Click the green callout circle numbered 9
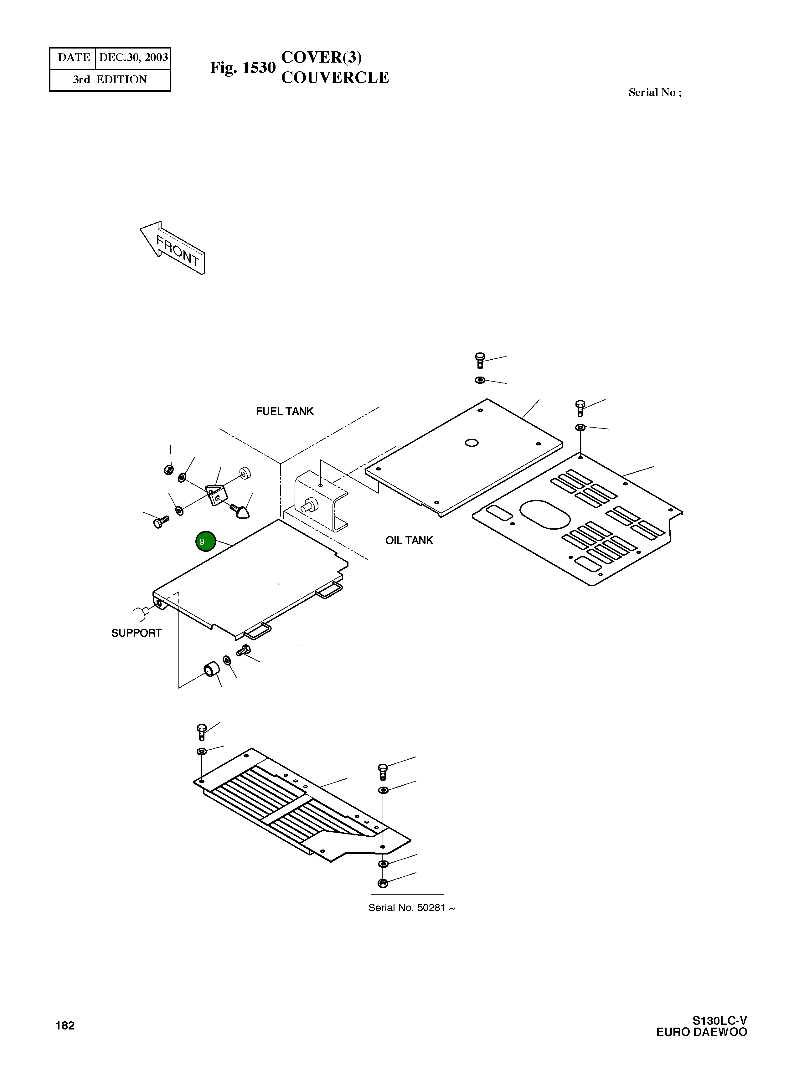point(205,541)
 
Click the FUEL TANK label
point(285,411)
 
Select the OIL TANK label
point(409,540)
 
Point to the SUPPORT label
point(137,633)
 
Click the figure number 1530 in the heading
point(259,68)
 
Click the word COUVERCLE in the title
point(335,77)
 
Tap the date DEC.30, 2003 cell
point(133,58)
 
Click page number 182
point(65,1025)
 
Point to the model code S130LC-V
point(719,1020)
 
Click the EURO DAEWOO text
point(701,1032)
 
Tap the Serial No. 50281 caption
point(411,908)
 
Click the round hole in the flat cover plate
point(472,443)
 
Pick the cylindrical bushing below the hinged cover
point(211,669)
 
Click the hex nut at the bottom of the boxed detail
point(383,883)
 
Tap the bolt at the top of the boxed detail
point(383,771)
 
